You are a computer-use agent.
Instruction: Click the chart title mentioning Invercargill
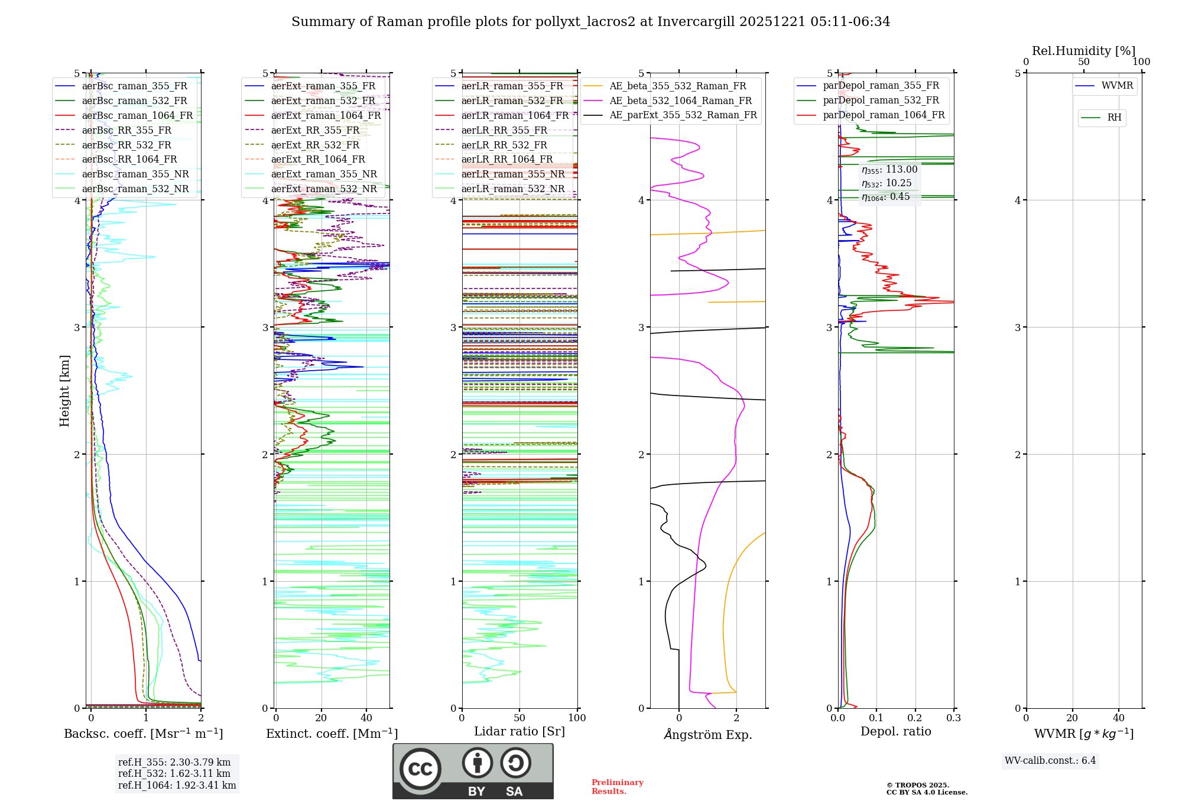(x=590, y=22)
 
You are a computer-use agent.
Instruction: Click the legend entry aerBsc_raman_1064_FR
(x=137, y=115)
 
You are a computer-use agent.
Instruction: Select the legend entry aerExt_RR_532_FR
(x=315, y=145)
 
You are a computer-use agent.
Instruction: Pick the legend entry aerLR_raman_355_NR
(x=512, y=174)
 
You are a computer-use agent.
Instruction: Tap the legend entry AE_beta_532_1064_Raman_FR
(x=680, y=100)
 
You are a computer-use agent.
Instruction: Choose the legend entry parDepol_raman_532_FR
(x=881, y=100)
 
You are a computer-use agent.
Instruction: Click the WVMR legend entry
(x=1117, y=86)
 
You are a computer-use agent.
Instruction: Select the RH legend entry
(x=1114, y=118)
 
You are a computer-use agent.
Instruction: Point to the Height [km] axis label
(x=64, y=391)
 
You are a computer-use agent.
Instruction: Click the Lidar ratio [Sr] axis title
(x=519, y=732)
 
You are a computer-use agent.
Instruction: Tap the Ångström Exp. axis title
(x=708, y=735)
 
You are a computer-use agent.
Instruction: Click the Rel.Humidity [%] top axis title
(x=1083, y=51)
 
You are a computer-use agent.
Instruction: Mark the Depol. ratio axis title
(x=895, y=732)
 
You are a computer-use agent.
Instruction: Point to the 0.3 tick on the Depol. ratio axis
(x=953, y=718)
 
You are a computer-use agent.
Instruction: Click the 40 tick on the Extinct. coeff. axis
(x=366, y=718)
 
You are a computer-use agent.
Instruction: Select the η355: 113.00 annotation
(x=889, y=170)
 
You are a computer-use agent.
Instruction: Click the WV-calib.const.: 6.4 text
(x=1050, y=761)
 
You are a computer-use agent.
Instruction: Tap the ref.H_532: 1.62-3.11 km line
(x=174, y=774)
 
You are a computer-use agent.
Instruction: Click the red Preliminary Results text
(x=617, y=787)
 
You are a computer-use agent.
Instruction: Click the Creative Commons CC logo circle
(x=420, y=769)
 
